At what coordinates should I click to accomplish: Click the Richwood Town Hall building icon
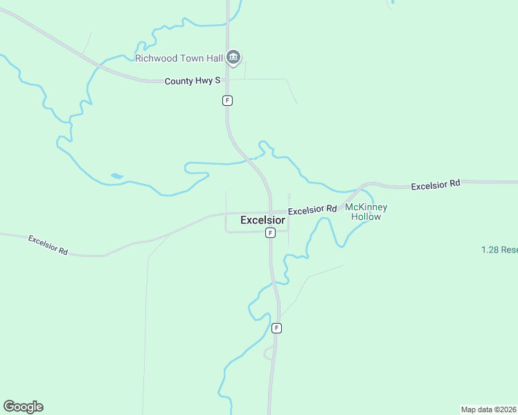[x=233, y=58]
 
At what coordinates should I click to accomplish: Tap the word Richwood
[x=155, y=59]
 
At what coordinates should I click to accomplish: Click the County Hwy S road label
[x=193, y=81]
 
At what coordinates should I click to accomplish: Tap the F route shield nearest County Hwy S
[x=227, y=100]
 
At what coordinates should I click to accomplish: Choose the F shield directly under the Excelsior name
[x=271, y=233]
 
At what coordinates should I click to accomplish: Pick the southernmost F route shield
[x=276, y=328]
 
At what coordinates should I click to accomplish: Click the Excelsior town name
[x=262, y=220]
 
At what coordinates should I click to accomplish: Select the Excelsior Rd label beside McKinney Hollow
[x=312, y=210]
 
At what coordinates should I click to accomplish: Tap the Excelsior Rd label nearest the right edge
[x=436, y=185]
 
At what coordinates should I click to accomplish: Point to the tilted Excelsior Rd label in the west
[x=48, y=246]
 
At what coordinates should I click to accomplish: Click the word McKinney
[x=366, y=207]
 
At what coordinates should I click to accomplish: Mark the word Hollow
[x=366, y=216]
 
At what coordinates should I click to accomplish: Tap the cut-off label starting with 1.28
[x=499, y=249]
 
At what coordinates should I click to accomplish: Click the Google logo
[x=23, y=407]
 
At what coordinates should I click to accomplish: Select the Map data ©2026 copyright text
[x=488, y=409]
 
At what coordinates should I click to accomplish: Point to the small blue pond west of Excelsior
[x=116, y=176]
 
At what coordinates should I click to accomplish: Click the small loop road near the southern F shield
[x=268, y=353]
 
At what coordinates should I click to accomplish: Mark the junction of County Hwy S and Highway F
[x=228, y=80]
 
